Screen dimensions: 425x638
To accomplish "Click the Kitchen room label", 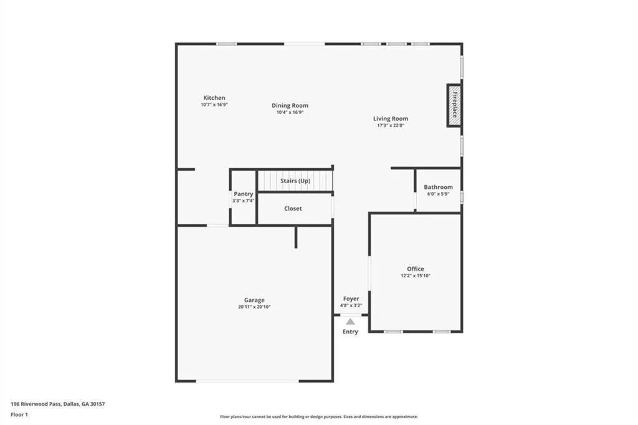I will pos(214,98).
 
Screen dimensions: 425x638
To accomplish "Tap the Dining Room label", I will pos(290,105).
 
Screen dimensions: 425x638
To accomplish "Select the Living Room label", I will pos(391,118).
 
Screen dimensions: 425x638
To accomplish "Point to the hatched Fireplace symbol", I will pos(454,105).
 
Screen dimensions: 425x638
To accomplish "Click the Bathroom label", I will pos(438,187).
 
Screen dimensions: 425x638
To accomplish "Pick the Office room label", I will pos(416,269).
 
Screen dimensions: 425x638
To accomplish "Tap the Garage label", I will pos(254,300).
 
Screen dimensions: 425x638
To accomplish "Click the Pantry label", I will pos(243,194).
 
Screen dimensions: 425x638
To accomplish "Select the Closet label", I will pos(293,208).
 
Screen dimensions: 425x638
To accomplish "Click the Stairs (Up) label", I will pos(295,181).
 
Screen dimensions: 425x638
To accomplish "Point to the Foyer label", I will pos(351,299).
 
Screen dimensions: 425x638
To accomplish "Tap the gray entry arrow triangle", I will pos(350,322).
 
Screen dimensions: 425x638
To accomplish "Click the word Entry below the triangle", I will pos(350,332).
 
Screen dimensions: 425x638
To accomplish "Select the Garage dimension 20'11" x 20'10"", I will pos(254,307).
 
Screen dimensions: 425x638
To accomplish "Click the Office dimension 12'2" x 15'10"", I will pos(416,275).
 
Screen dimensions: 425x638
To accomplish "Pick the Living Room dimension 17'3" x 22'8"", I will pos(391,125).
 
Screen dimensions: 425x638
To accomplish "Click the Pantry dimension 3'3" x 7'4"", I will pos(243,201).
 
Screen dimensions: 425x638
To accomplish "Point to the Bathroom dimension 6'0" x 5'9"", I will pos(438,194).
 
